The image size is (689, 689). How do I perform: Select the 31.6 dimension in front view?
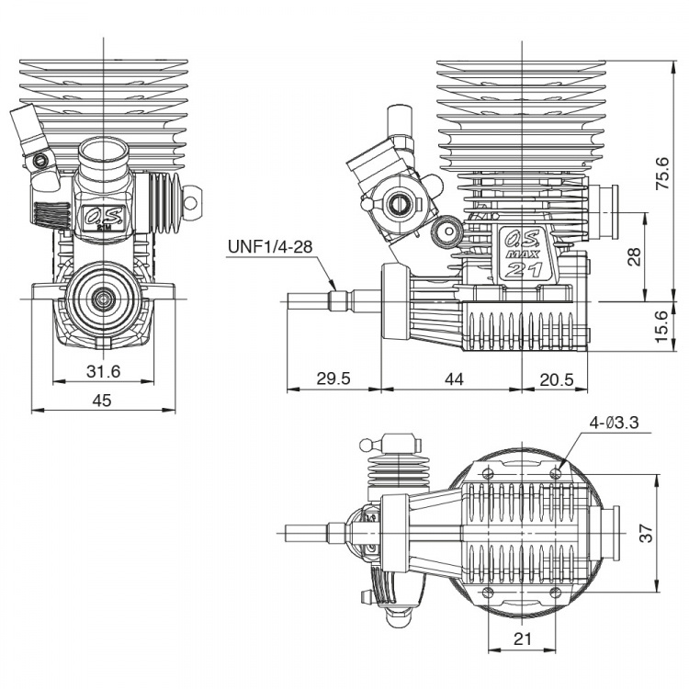[x=103, y=371]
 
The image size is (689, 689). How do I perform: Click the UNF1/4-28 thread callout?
[x=270, y=246]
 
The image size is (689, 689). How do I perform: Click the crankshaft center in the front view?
[x=102, y=299]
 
